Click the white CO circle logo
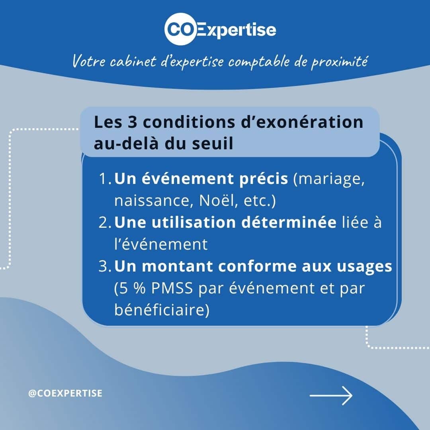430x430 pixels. tap(181, 29)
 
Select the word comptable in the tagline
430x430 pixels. tap(259, 61)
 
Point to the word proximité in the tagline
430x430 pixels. tap(339, 61)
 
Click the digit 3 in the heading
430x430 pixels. tap(133, 122)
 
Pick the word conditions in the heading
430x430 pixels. tap(189, 122)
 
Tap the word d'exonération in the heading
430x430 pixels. tap(302, 122)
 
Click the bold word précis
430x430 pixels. tap(264, 179)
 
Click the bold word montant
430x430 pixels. tap(178, 266)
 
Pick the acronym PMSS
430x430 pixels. tap(172, 288)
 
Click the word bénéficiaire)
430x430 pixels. tap(162, 310)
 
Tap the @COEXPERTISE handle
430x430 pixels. tap(65, 393)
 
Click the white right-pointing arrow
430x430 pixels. tap(331, 395)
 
